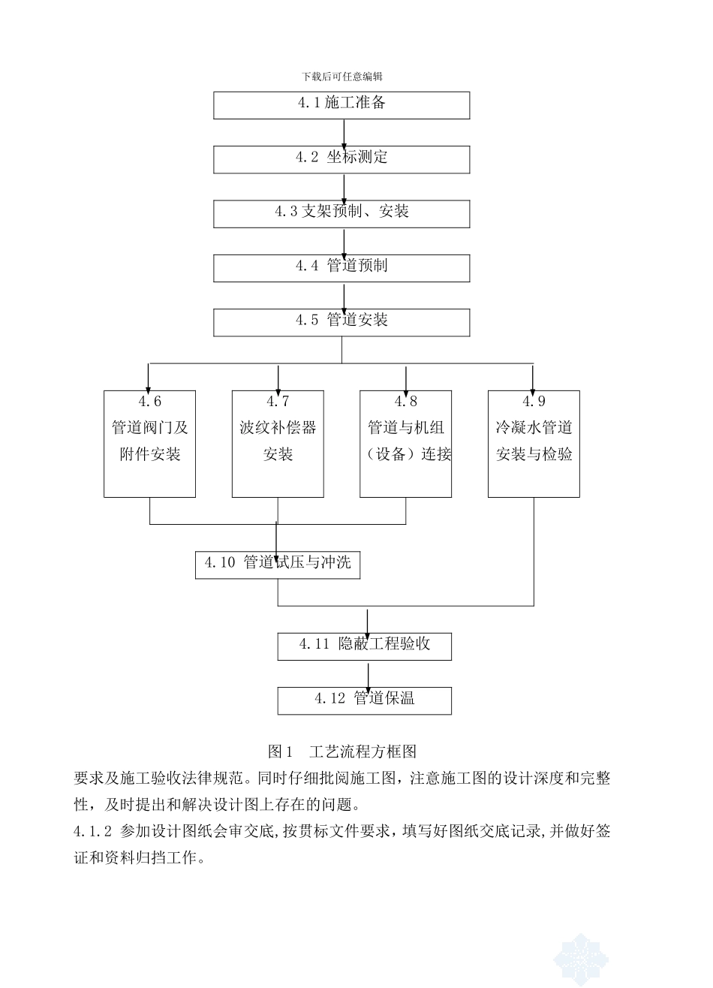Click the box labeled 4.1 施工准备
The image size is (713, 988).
[341, 105]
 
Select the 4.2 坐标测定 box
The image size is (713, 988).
[341, 159]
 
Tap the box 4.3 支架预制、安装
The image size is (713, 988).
[341, 213]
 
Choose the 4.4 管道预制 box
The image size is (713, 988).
[341, 268]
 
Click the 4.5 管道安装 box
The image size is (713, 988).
[341, 322]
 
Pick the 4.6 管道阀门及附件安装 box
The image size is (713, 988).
[149, 444]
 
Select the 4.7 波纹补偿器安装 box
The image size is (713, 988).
[278, 444]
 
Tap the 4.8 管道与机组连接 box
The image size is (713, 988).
[405, 444]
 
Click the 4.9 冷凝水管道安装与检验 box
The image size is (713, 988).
[534, 444]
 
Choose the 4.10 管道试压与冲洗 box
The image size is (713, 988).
[278, 565]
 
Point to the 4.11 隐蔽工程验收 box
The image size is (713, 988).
[365, 646]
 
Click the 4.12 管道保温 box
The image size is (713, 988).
[365, 700]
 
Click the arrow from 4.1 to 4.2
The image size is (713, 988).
[344, 133]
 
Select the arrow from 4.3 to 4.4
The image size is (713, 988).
[344, 242]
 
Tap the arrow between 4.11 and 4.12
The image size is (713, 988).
[368, 673]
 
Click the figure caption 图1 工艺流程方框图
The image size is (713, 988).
[341, 752]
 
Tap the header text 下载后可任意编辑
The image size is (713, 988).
[342, 76]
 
